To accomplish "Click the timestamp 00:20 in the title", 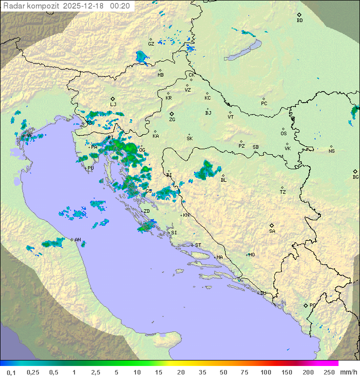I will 120,6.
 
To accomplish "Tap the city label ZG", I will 172,120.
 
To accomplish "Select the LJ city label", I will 113,105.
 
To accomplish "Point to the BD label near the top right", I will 299,21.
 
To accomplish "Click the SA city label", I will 272,231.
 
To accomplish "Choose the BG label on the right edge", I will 355,177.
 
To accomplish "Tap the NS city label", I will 331,151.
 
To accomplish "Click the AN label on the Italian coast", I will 77,240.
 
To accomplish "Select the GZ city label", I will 151,44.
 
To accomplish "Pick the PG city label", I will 312,305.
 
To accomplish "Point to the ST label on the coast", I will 198,245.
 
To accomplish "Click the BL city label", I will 223,180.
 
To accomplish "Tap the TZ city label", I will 283,192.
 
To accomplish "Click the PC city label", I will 264,104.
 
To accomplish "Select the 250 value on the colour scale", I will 329,372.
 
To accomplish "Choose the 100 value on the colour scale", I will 266,372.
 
